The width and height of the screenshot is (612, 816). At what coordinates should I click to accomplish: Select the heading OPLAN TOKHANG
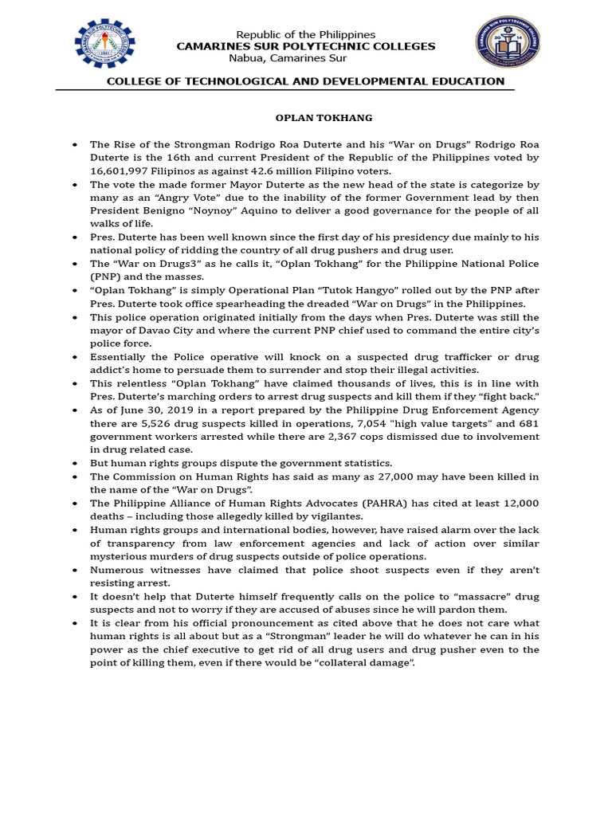[x=312, y=118]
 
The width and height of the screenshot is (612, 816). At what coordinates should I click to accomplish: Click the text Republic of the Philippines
[x=306, y=34]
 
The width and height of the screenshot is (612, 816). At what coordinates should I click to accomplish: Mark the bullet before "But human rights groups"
[x=74, y=463]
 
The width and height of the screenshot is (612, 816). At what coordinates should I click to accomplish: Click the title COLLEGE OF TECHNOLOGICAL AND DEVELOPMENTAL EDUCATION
[x=305, y=81]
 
